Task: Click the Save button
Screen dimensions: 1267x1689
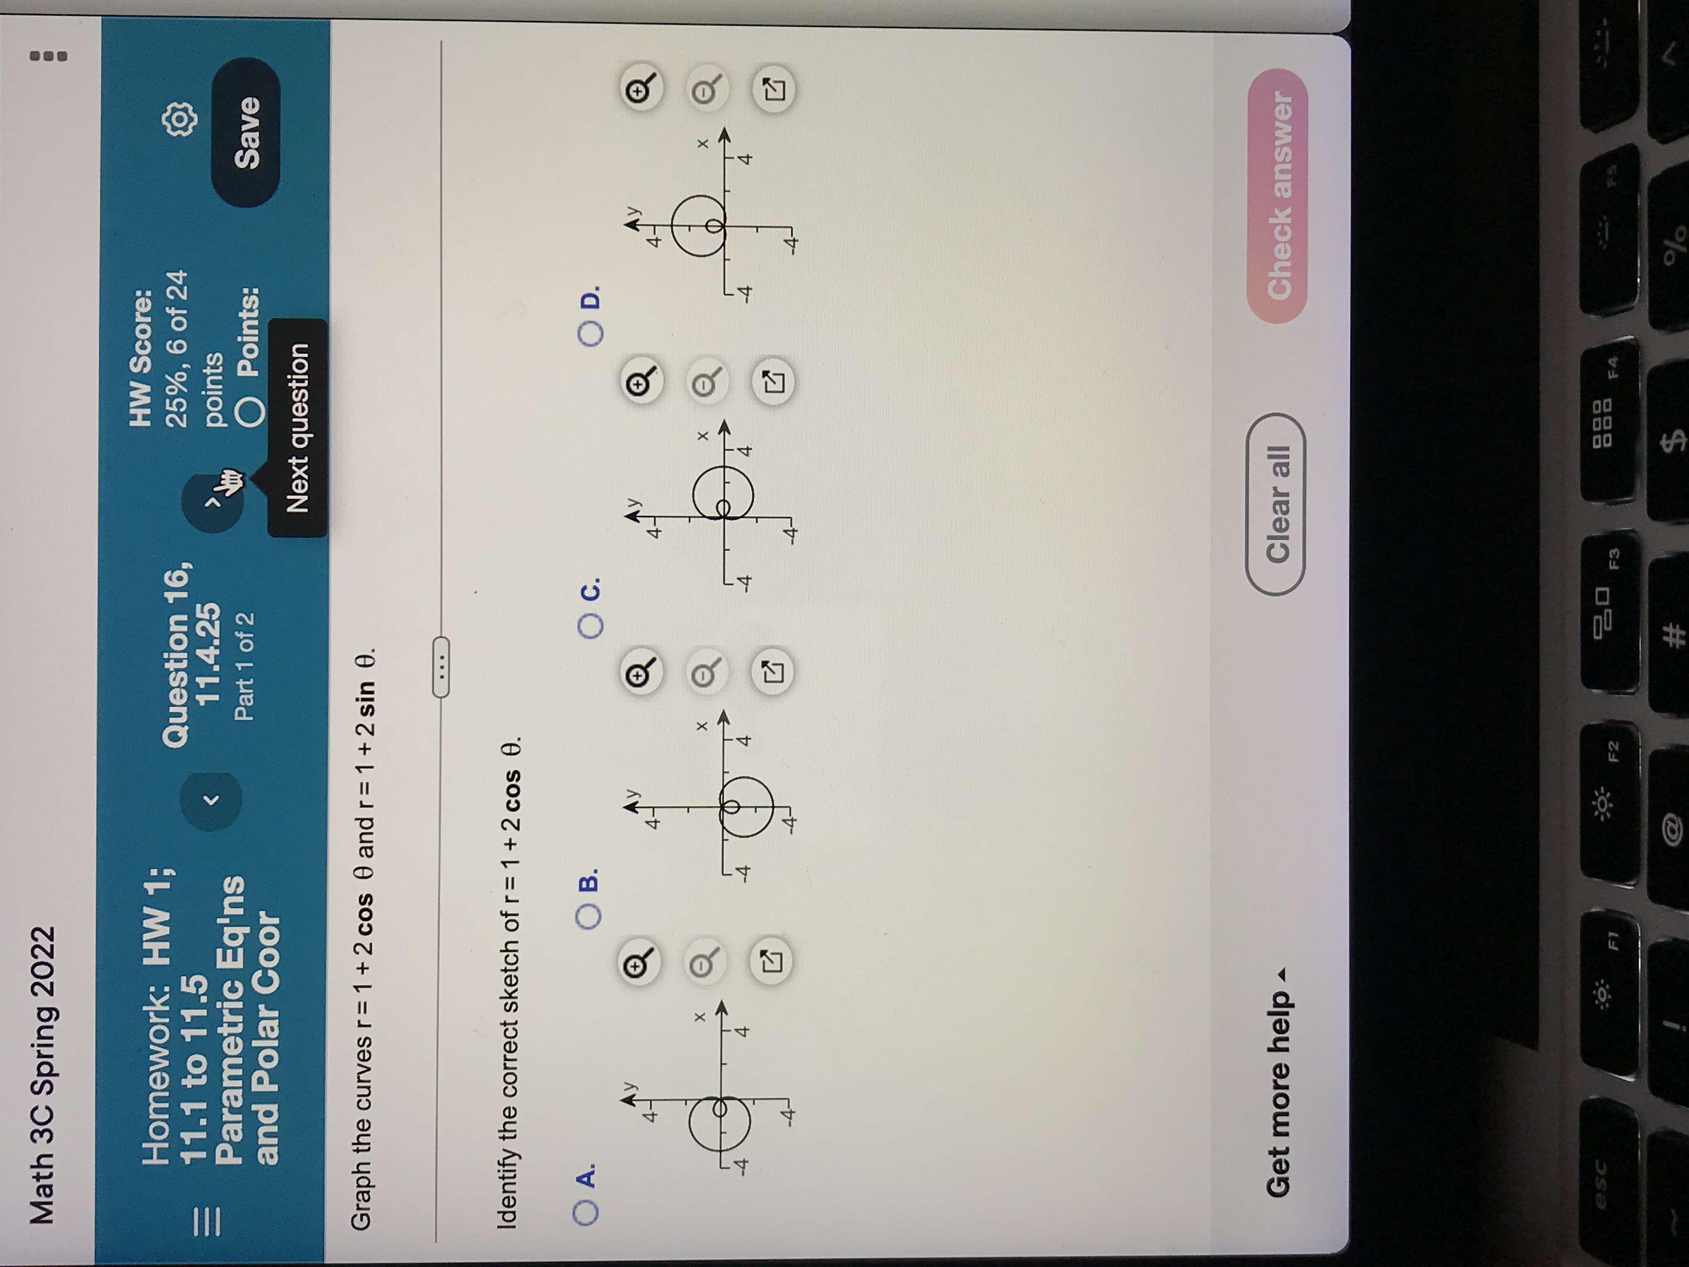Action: pyautogui.click(x=246, y=132)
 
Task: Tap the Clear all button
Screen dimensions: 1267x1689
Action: pyautogui.click(x=1276, y=504)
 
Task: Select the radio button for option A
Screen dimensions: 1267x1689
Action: pyautogui.click(x=586, y=1213)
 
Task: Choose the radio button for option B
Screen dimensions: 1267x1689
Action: pyautogui.click(x=589, y=916)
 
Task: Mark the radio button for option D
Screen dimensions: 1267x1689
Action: pyautogui.click(x=591, y=334)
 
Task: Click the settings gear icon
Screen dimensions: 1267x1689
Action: pyautogui.click(x=180, y=119)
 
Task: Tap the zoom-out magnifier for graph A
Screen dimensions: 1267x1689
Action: pyautogui.click(x=704, y=964)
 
